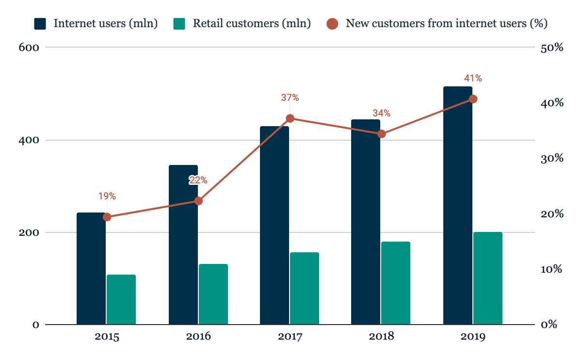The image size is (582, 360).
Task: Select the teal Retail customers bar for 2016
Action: pos(213,294)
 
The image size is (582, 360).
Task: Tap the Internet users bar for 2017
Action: pos(275,225)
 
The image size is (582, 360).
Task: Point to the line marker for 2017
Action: pos(290,118)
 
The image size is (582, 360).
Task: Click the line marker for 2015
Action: pos(107,217)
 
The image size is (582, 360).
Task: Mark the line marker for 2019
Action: pos(473,99)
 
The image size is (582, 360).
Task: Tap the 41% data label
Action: pos(473,78)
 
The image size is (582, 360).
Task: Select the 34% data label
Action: pos(381,113)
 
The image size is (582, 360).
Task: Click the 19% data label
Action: pos(107,196)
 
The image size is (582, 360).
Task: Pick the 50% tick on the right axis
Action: pos(551,48)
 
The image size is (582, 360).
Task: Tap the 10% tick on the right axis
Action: pos(551,269)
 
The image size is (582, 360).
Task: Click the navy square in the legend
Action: pos(40,23)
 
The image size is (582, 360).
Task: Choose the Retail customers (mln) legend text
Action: pos(252,23)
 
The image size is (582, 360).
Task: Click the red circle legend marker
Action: pos(332,23)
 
